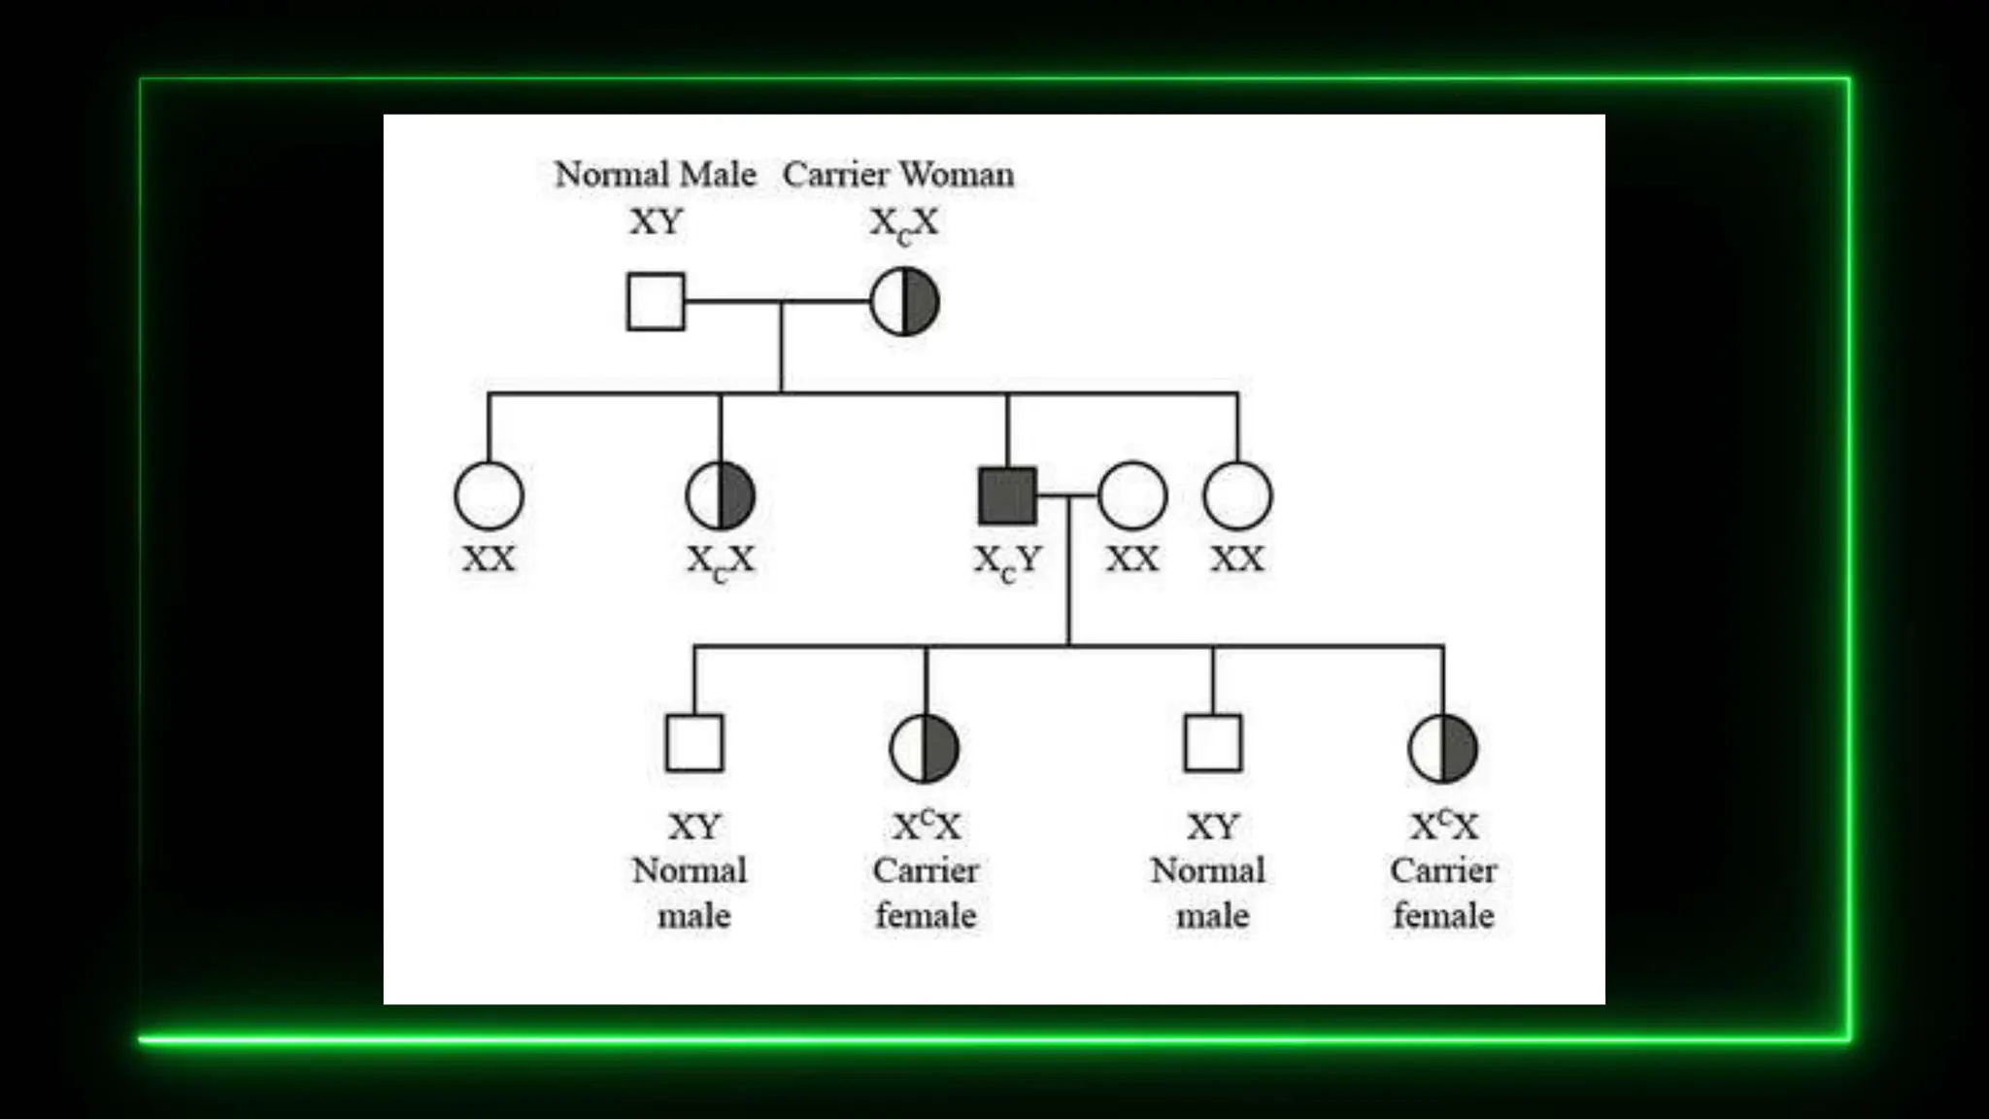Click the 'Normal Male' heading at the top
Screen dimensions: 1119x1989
click(x=655, y=175)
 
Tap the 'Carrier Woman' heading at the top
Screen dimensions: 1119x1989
click(x=898, y=175)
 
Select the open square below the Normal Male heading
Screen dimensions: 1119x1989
click(x=656, y=301)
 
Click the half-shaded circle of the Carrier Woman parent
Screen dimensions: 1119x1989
click(x=904, y=302)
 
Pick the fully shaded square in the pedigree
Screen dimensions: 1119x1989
click(x=1007, y=495)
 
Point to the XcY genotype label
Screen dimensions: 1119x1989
click(x=1007, y=561)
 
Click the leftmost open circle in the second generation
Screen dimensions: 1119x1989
click(x=489, y=495)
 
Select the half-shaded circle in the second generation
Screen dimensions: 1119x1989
click(x=720, y=495)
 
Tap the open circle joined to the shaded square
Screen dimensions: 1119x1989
click(x=1132, y=495)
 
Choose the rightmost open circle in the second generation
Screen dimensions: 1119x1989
click(x=1237, y=495)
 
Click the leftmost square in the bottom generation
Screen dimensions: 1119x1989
click(x=694, y=743)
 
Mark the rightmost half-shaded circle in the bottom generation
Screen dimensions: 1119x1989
click(x=1443, y=748)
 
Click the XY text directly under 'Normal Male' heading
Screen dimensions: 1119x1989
click(x=657, y=222)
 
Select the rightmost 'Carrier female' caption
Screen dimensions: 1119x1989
click(x=1443, y=893)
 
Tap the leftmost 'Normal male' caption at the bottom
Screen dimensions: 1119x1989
click(x=691, y=893)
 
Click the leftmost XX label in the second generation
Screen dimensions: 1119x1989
click(x=489, y=559)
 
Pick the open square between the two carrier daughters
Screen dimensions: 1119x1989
click(x=1213, y=743)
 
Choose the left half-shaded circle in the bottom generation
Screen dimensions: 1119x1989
click(x=925, y=748)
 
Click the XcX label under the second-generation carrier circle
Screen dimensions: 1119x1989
click(x=720, y=561)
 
